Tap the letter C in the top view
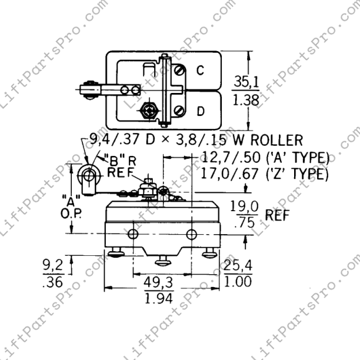[200, 71]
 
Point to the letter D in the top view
[201, 110]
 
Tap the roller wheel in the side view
[89, 175]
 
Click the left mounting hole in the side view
[134, 235]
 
